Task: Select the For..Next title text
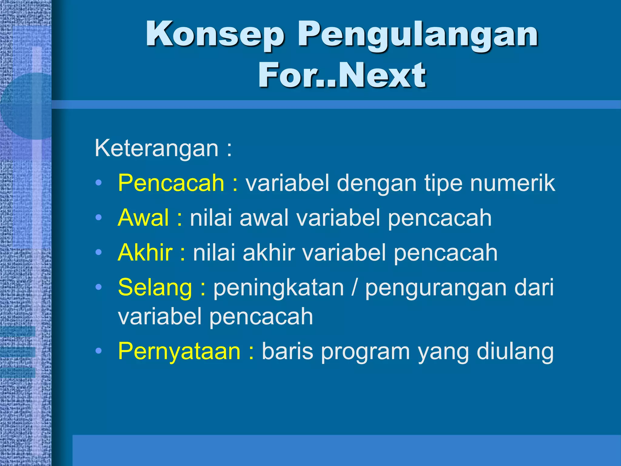pyautogui.click(x=342, y=75)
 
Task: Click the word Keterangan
pyautogui.click(x=156, y=148)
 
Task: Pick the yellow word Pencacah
pyautogui.click(x=171, y=183)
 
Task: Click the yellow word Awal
pyautogui.click(x=143, y=218)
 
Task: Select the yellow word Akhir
pyautogui.click(x=145, y=253)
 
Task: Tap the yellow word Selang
pyautogui.click(x=155, y=288)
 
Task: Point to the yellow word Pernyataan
pyautogui.click(x=179, y=351)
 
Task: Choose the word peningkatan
pyautogui.click(x=279, y=288)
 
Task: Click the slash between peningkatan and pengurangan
pyautogui.click(x=354, y=288)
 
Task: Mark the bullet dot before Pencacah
pyautogui.click(x=98, y=183)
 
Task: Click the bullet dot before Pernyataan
pyautogui.click(x=98, y=351)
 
